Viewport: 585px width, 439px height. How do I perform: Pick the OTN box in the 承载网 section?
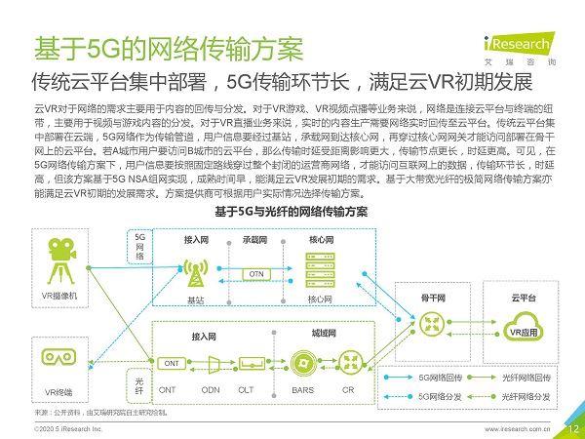pyautogui.click(x=255, y=273)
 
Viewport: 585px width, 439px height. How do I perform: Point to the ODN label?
pyautogui.click(x=210, y=389)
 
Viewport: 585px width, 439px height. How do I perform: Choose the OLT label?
pyautogui.click(x=247, y=389)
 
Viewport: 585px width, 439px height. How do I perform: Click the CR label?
pyautogui.click(x=348, y=389)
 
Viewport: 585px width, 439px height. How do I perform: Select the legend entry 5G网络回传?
pyautogui.click(x=444, y=377)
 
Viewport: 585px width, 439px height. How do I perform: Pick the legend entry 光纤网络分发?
pyautogui.click(x=526, y=396)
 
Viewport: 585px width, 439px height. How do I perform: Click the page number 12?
pyautogui.click(x=573, y=427)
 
